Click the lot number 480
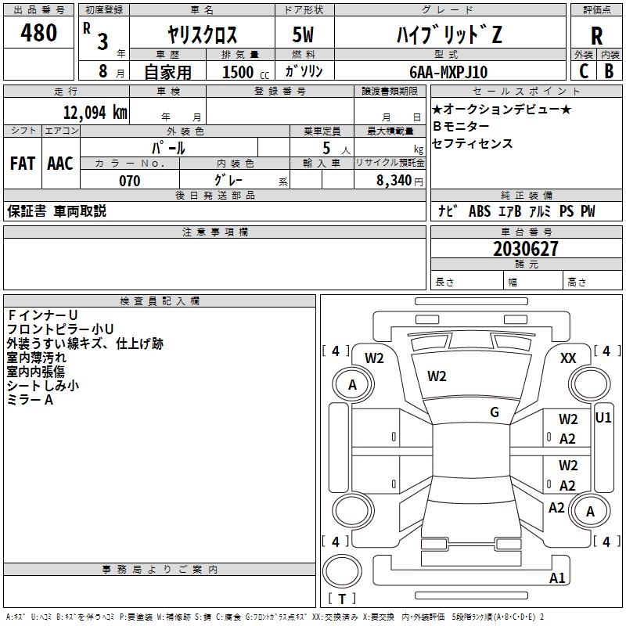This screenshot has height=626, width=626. coord(39,33)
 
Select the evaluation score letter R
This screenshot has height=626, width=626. coord(596,36)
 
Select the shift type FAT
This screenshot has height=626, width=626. coord(22,164)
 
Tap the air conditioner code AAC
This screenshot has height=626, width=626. coord(60,164)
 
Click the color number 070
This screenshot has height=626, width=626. coord(129,181)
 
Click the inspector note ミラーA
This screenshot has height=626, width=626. coord(30,400)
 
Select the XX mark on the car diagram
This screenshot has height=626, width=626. coord(569,358)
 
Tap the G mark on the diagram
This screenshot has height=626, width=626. coord(495,412)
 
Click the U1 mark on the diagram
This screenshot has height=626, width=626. coord(603,418)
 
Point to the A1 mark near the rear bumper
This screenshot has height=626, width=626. coord(557,578)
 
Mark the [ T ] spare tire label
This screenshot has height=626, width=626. coord(342,599)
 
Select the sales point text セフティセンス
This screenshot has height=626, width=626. coord(473,144)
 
